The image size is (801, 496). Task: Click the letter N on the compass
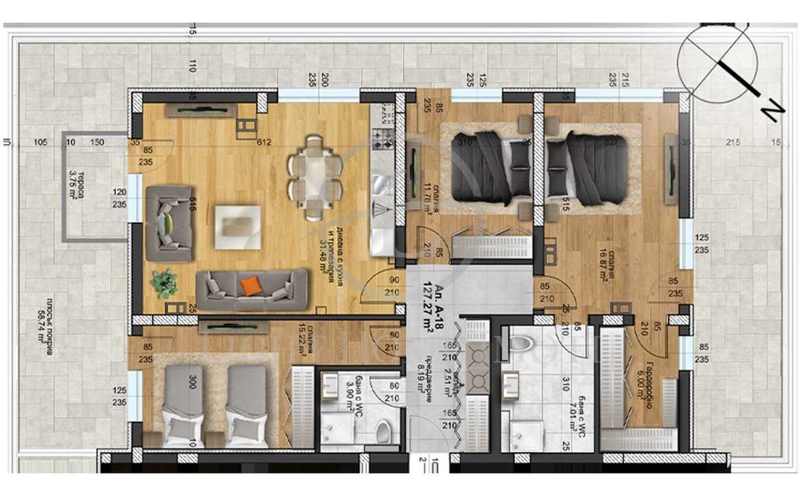pos(767,113)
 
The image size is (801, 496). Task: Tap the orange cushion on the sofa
pos(251,286)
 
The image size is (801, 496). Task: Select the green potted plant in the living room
pos(164,282)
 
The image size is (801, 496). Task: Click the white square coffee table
pos(237,222)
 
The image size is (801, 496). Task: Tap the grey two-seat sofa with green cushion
pos(169,217)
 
